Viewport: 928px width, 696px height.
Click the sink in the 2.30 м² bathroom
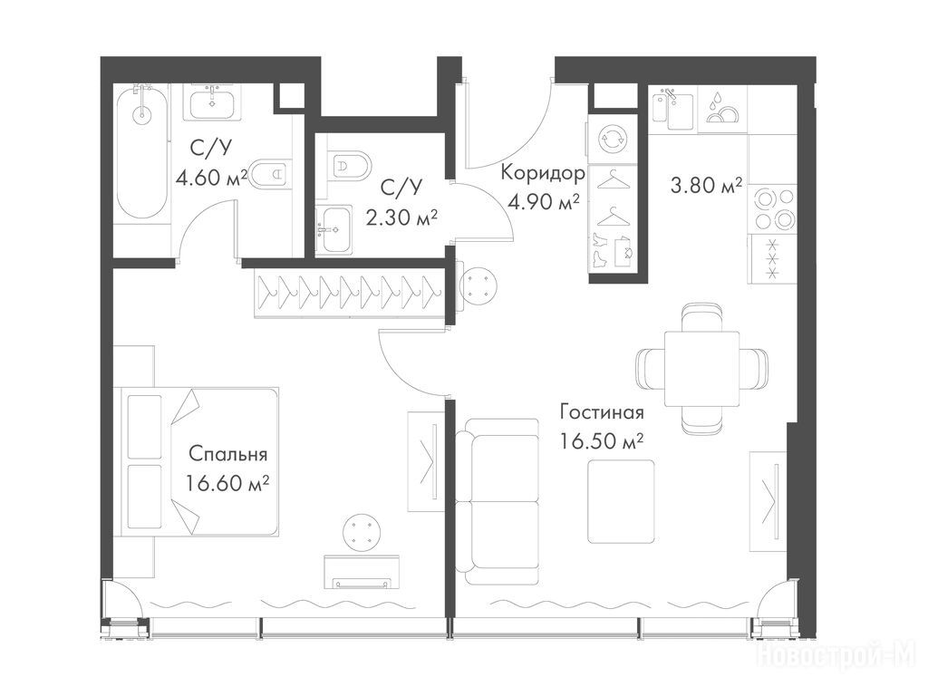tap(333, 228)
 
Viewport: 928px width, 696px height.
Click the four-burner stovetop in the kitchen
tap(772, 208)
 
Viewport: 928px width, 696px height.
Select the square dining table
tap(701, 369)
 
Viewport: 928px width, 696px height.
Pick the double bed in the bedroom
tap(199, 462)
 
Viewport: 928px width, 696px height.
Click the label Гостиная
tap(602, 412)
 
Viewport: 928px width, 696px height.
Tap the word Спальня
tap(227, 455)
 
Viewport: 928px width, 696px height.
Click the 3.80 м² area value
tap(706, 187)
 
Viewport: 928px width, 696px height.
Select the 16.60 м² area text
tap(227, 484)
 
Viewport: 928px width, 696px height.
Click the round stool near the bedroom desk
tap(362, 532)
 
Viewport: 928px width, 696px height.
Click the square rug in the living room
tap(622, 502)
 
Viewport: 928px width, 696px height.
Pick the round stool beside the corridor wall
tap(478, 285)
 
